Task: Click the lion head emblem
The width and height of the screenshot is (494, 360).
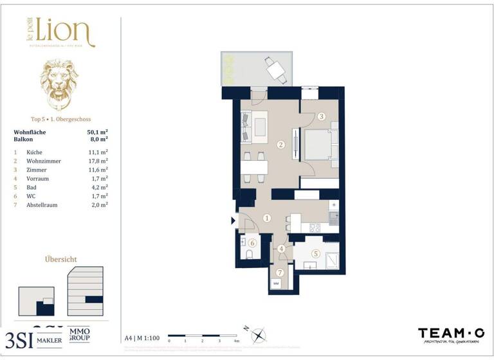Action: pos(60,84)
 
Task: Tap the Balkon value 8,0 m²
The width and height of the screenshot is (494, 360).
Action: pos(98,138)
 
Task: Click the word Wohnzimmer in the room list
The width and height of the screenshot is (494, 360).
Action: pos(44,161)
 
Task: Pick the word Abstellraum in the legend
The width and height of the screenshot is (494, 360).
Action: pos(44,204)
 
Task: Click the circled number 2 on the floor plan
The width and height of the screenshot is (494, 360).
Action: pos(280,145)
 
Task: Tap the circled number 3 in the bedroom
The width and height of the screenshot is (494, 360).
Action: pos(321,116)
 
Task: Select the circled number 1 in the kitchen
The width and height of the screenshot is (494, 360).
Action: pos(267,218)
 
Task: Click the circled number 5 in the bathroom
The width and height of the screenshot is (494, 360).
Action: pos(316,253)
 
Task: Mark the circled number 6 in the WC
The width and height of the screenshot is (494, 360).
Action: pos(253,243)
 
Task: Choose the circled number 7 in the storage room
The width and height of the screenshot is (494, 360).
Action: pos(280,272)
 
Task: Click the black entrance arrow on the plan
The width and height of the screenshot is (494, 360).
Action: pos(233,221)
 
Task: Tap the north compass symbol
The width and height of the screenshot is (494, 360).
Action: pos(258,335)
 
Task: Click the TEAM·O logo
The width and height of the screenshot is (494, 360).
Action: pos(452,333)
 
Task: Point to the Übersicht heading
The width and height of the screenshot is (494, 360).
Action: pos(61,259)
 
